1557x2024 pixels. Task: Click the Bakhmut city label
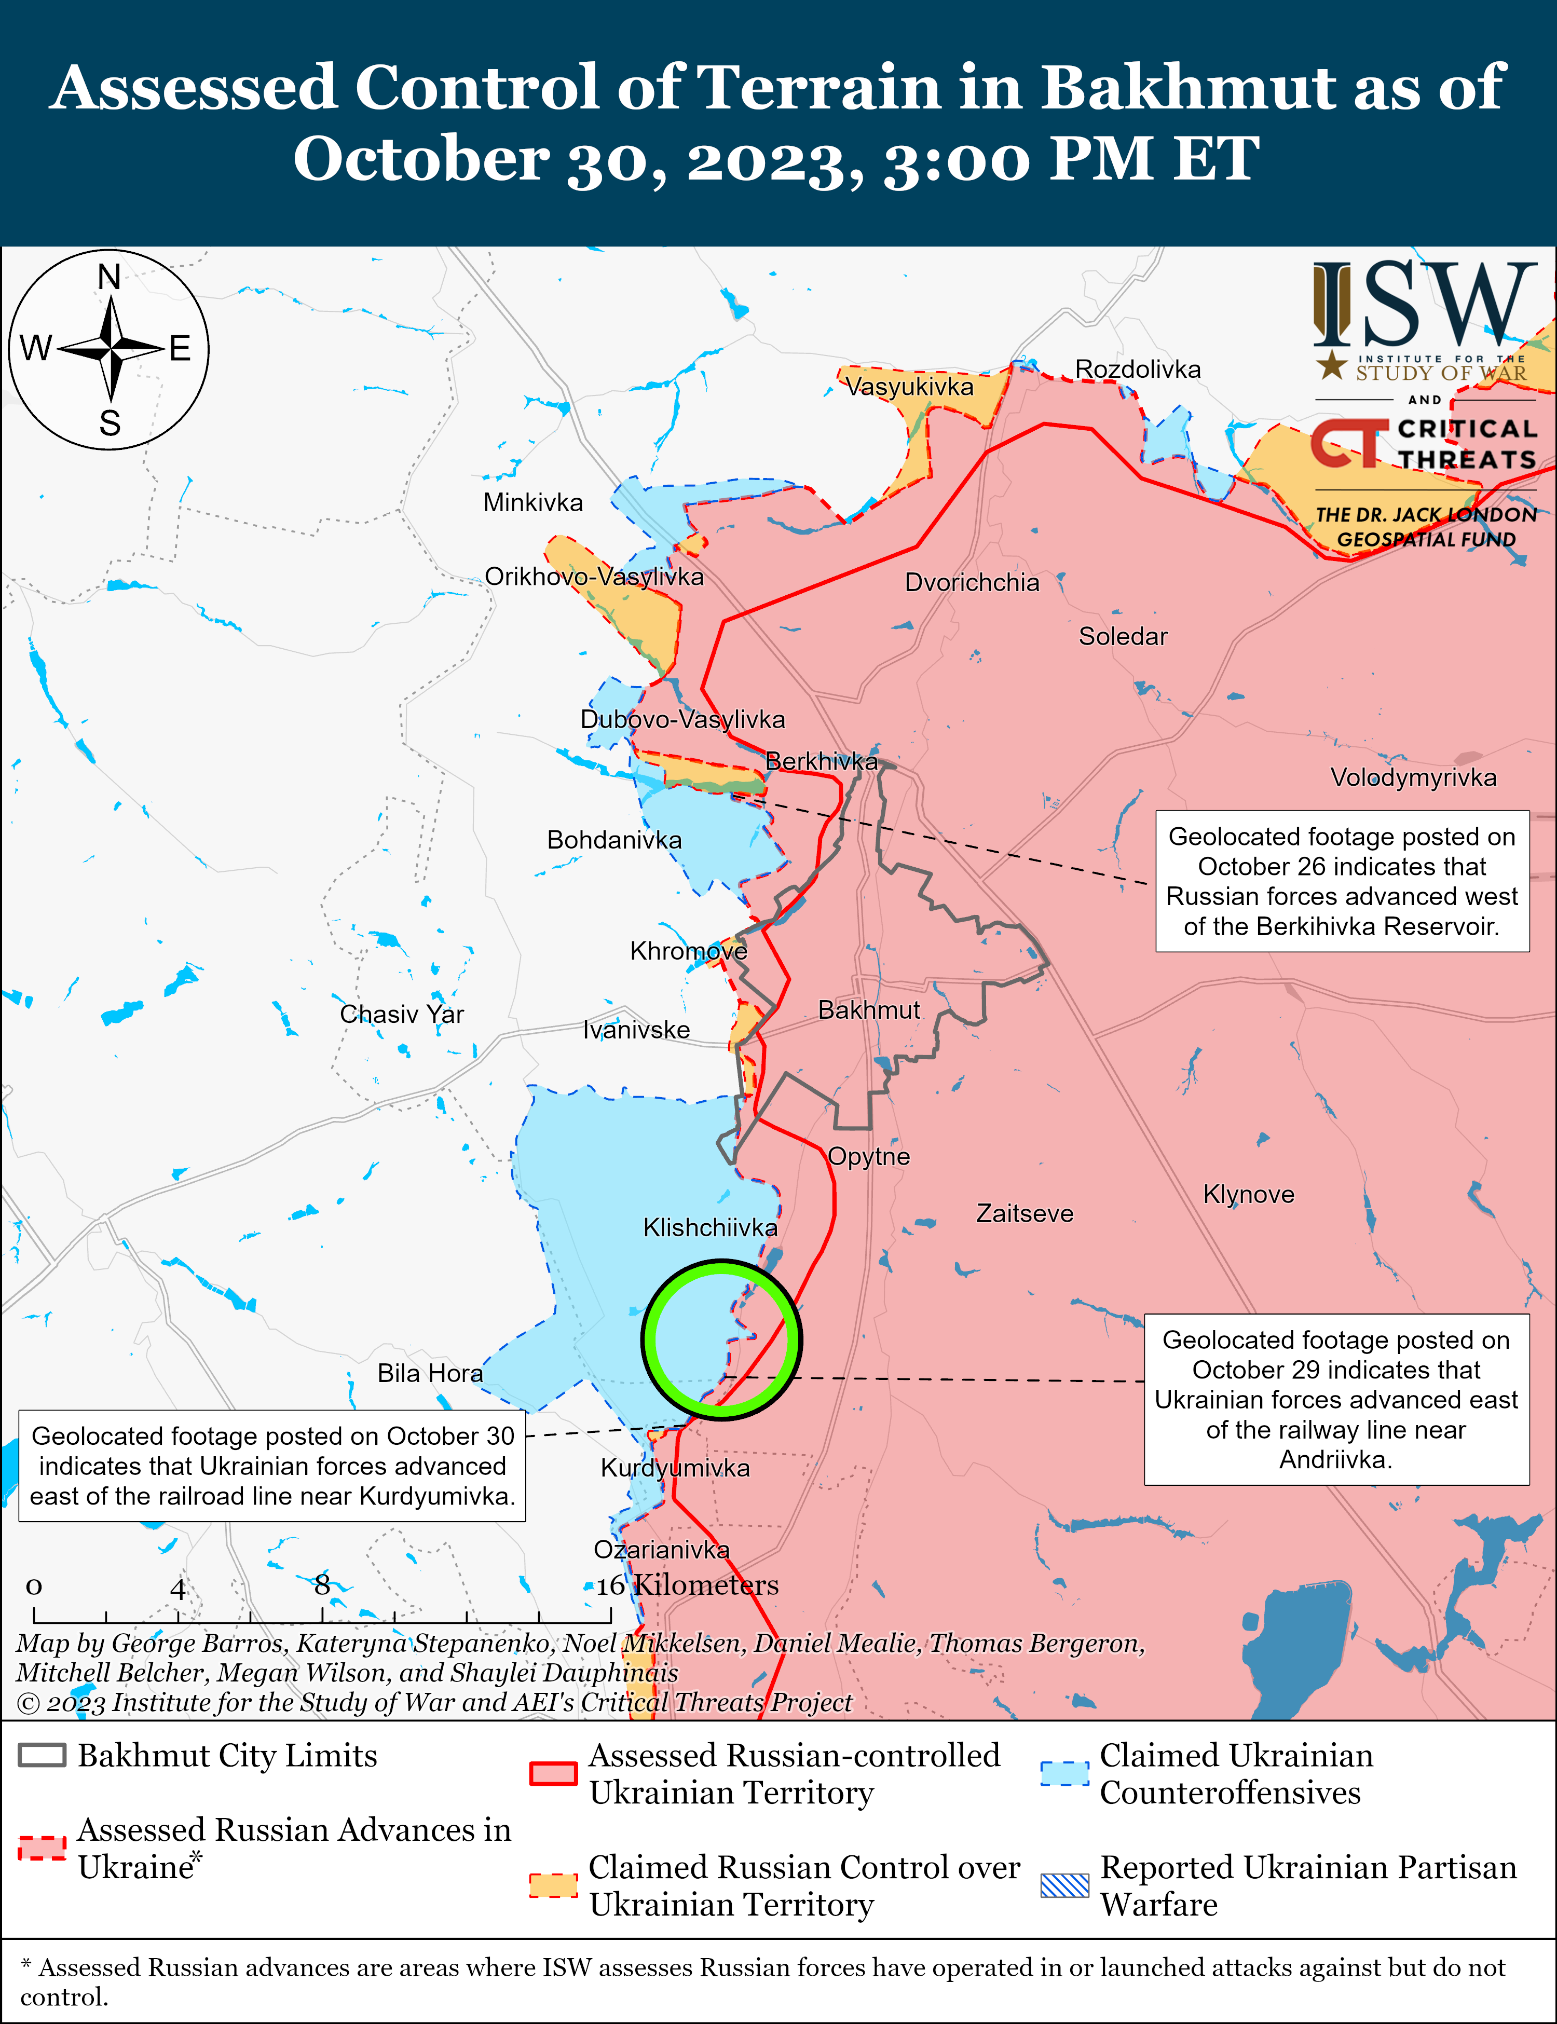(868, 1009)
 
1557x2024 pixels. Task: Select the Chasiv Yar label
(401, 1014)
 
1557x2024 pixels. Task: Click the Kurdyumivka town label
(675, 1468)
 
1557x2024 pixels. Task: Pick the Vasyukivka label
(909, 387)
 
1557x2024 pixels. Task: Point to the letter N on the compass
(110, 276)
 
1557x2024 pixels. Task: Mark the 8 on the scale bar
(322, 1585)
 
